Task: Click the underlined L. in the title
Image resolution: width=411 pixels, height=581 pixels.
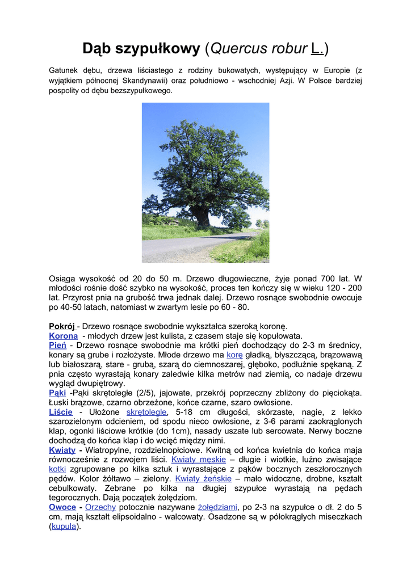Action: [x=317, y=49]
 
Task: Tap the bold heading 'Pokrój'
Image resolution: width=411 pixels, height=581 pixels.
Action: [x=62, y=326]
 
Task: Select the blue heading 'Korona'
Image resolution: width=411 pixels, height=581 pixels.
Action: [x=64, y=336]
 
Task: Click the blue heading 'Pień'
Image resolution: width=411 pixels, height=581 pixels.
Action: [x=57, y=345]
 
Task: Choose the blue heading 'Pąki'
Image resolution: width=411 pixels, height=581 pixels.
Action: [x=57, y=393]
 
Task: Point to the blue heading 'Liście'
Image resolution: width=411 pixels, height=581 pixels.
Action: [x=61, y=412]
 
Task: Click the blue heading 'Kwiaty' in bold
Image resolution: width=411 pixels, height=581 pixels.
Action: [x=62, y=450]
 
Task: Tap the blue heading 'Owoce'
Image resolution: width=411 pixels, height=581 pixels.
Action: [x=62, y=507]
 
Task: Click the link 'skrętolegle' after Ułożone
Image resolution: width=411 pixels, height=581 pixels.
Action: [x=146, y=412]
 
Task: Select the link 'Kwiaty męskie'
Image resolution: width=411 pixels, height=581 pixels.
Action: [x=198, y=460]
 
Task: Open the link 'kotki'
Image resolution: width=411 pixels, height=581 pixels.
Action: [x=57, y=469]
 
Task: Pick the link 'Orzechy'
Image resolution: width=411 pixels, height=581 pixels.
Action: [x=100, y=507]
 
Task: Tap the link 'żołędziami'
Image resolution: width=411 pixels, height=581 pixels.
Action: [x=217, y=507]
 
